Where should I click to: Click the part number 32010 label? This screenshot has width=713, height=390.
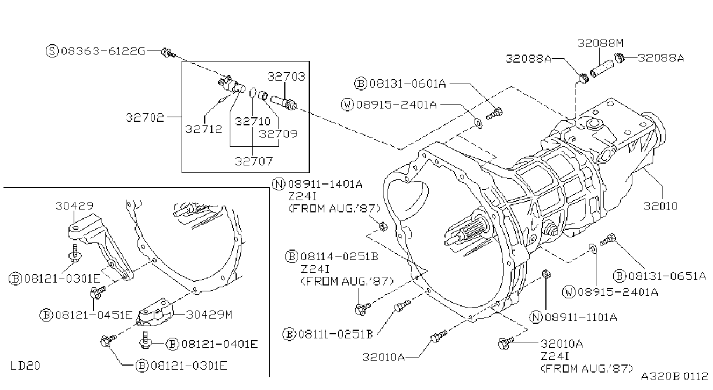[660, 206]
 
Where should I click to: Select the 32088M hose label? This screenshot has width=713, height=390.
[600, 43]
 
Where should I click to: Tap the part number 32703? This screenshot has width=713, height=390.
[286, 77]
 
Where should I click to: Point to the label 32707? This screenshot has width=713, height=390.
[254, 161]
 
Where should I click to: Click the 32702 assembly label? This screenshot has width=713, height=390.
[145, 117]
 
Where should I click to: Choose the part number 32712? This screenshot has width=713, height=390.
[204, 129]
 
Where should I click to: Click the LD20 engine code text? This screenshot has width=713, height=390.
[25, 366]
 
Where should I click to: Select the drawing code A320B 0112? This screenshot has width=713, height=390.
[675, 376]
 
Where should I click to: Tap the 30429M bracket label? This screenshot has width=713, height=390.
[209, 315]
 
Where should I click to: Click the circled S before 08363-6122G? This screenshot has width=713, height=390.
[52, 50]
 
